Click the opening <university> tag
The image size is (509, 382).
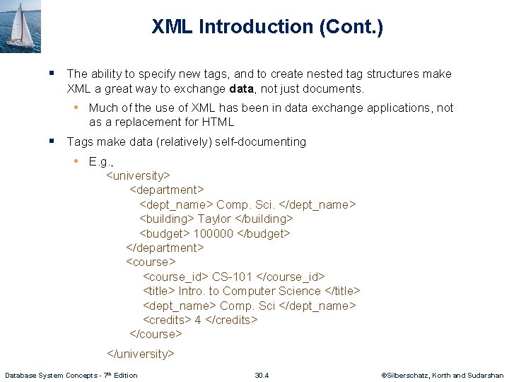[138, 175]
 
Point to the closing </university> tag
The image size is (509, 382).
[140, 354]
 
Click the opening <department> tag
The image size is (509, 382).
[167, 190]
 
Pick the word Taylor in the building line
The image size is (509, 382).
[213, 219]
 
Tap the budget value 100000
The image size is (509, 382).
[213, 233]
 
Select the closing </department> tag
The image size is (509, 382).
[165, 248]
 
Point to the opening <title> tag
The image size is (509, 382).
[159, 291]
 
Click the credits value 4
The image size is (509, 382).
[199, 320]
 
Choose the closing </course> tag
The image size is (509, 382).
[156, 334]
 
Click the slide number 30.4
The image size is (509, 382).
[262, 375]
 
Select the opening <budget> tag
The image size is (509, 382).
[165, 233]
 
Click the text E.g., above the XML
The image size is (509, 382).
[101, 161]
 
